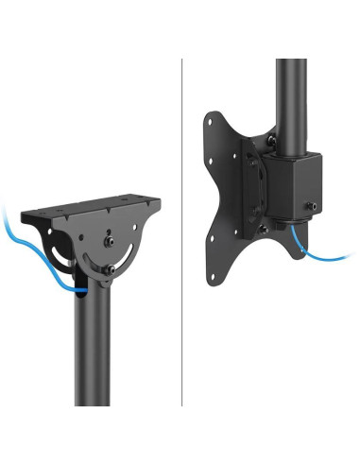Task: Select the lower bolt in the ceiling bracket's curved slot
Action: (x=111, y=270)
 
